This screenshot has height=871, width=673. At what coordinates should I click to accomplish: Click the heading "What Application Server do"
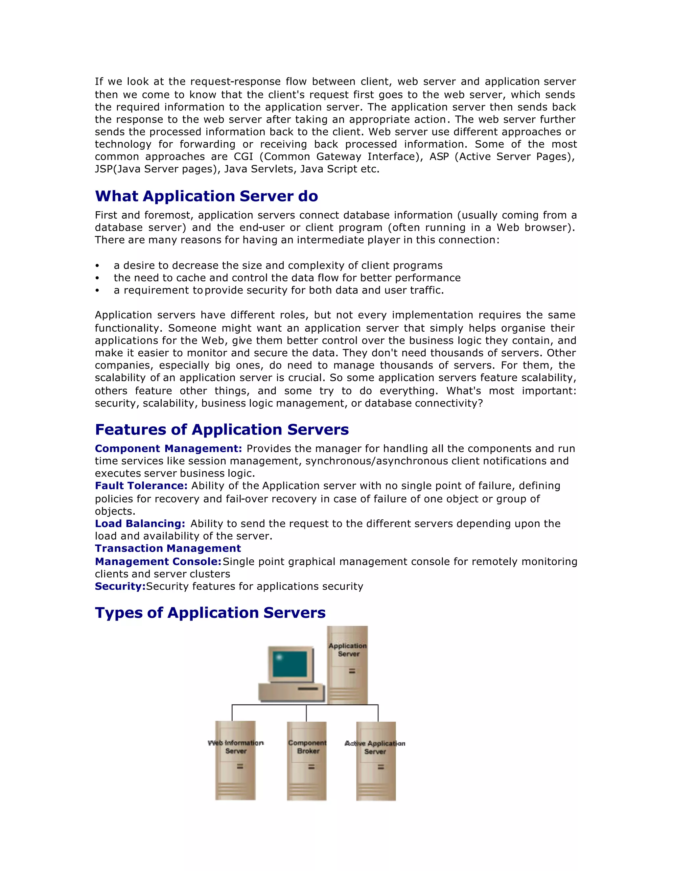[x=206, y=196]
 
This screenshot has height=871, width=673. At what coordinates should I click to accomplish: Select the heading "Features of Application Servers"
[x=222, y=430]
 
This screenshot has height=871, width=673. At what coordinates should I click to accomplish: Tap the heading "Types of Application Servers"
[x=210, y=613]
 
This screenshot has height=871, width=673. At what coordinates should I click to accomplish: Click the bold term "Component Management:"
[x=168, y=449]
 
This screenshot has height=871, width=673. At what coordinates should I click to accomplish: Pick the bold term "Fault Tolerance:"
[x=141, y=486]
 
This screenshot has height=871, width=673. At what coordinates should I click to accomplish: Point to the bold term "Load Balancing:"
[x=140, y=524]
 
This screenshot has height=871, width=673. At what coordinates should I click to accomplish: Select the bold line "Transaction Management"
[x=168, y=548]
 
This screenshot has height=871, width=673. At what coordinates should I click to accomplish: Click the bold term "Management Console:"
[x=158, y=561]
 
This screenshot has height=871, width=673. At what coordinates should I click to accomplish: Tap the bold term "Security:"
[x=120, y=586]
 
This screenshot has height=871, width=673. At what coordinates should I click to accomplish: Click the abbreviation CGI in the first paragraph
[x=244, y=157]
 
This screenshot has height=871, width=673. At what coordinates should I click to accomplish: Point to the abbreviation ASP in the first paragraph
[x=439, y=157]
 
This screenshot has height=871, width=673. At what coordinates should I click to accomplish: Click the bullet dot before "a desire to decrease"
[x=97, y=266]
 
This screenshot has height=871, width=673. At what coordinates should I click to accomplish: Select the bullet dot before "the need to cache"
[x=97, y=278]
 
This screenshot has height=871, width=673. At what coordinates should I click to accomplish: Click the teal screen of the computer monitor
[x=290, y=664]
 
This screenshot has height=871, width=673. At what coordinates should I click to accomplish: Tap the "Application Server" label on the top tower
[x=348, y=650]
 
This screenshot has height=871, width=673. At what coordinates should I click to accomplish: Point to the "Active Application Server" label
[x=375, y=747]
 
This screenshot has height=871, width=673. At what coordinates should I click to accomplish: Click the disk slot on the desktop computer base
[x=308, y=689]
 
